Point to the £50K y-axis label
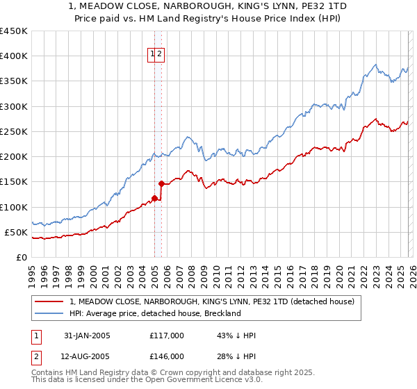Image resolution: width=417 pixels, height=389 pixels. [x=15, y=232]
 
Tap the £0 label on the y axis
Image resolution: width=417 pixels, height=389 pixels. [x=22, y=257]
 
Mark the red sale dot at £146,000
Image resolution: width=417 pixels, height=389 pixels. [x=161, y=184]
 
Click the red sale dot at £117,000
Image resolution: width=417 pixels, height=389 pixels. [x=154, y=199]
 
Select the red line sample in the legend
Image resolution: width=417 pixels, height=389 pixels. [x=50, y=301]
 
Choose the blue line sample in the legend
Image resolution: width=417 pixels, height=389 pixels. [x=50, y=313]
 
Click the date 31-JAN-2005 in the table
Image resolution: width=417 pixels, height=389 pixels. [x=87, y=336]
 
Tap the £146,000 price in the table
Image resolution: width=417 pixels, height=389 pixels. [x=167, y=356]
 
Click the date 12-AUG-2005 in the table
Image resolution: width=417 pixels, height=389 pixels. [x=87, y=356]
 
